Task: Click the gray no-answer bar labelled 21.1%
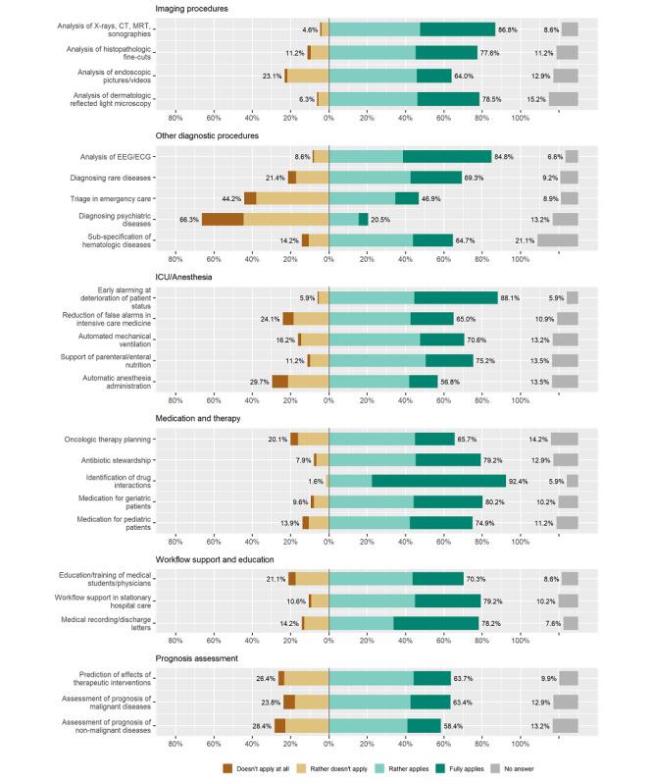[557, 240]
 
